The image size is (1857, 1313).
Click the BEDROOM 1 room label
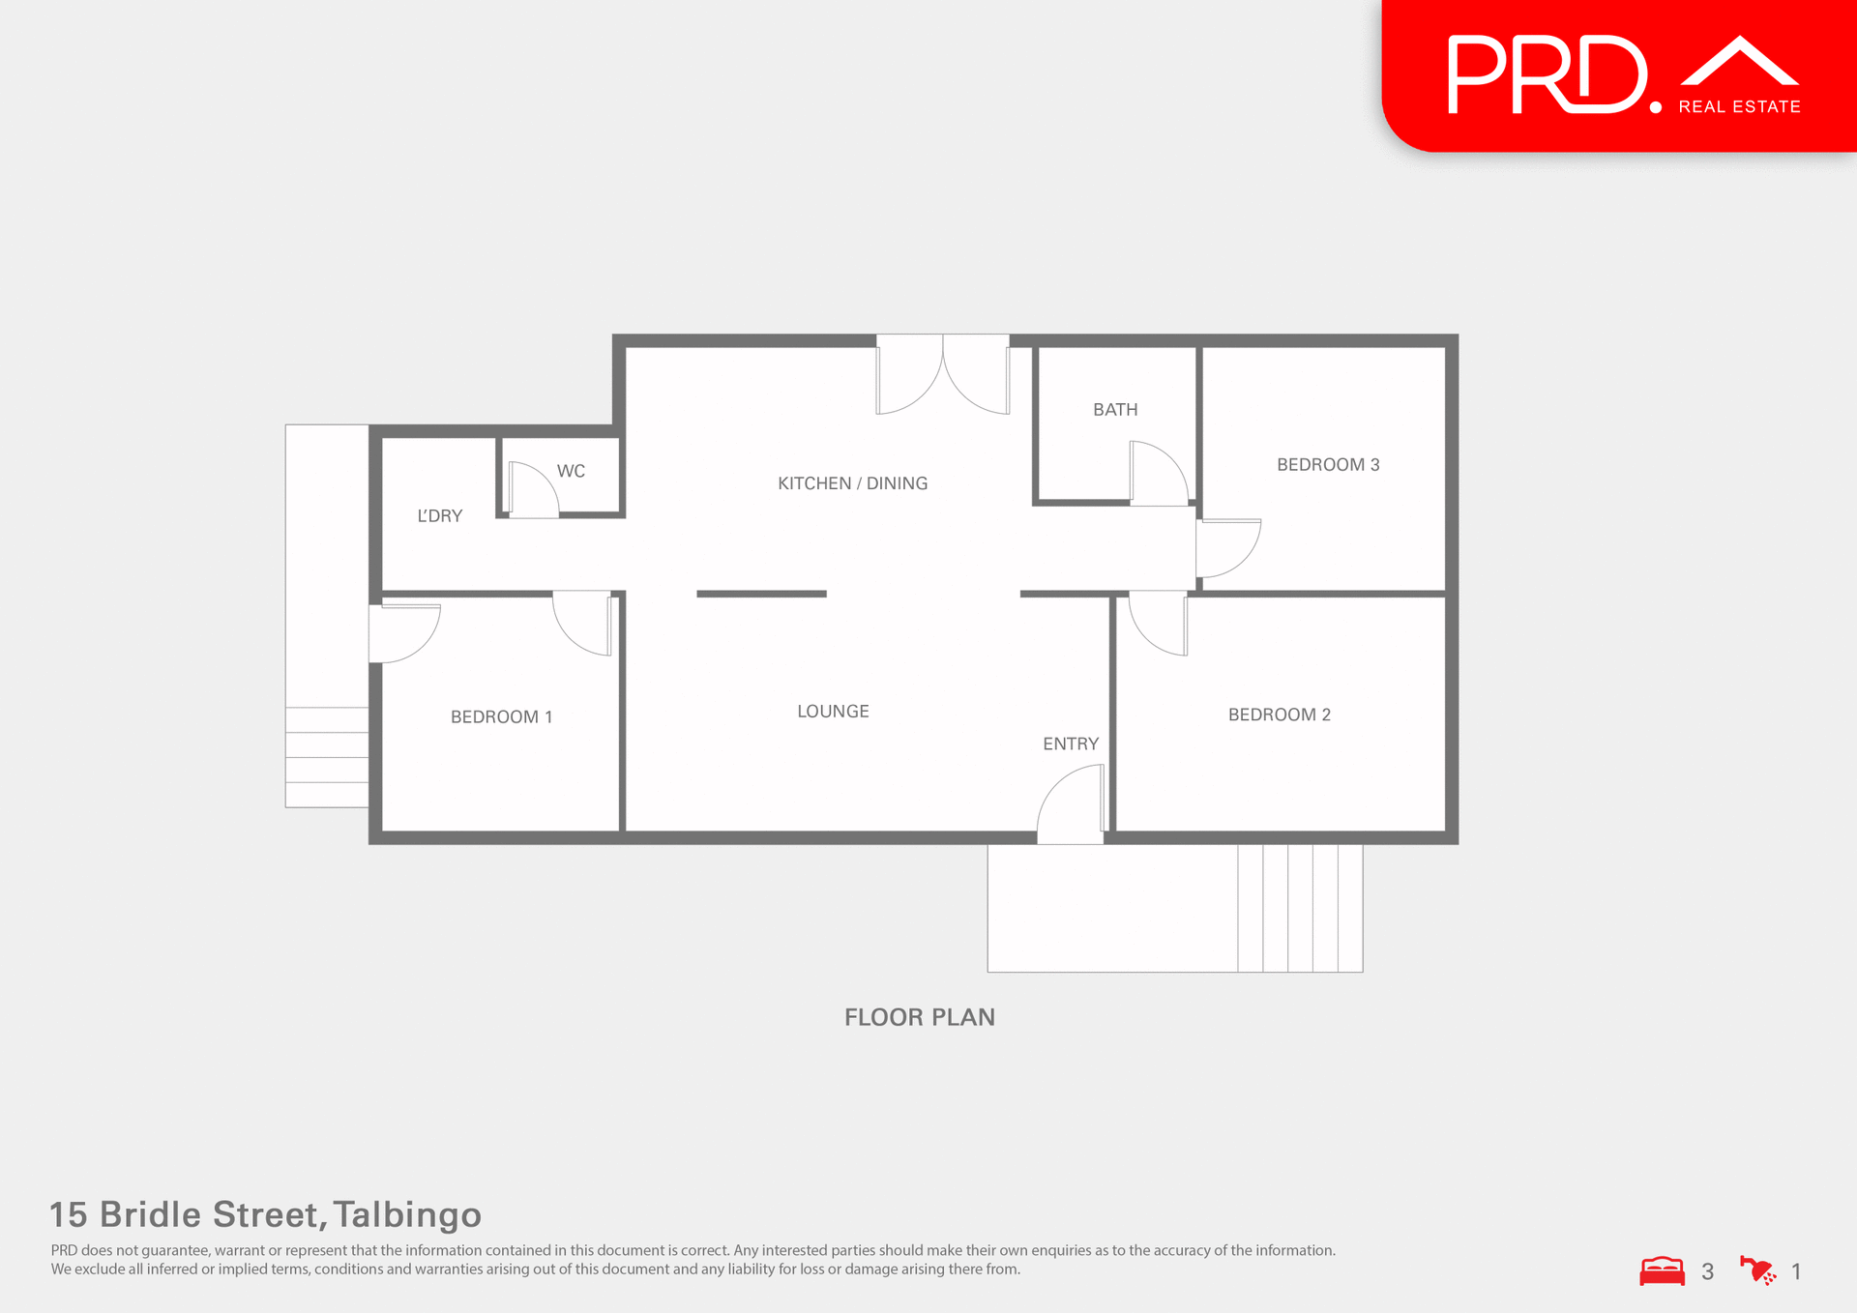click(501, 716)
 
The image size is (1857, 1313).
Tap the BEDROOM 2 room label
click(1279, 715)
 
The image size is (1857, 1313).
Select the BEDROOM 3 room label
click(1327, 464)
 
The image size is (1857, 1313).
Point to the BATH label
click(1114, 409)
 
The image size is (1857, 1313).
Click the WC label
click(571, 471)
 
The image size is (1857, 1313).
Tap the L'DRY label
click(439, 515)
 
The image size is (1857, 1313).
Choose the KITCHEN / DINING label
click(852, 482)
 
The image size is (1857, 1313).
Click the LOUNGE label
click(833, 711)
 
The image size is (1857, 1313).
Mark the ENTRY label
click(1070, 744)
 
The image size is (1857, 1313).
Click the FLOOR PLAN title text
click(919, 1017)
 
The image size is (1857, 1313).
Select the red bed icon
click(1662, 1270)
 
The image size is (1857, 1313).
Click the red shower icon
click(1756, 1270)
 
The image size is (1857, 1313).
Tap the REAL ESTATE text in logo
click(1739, 107)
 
